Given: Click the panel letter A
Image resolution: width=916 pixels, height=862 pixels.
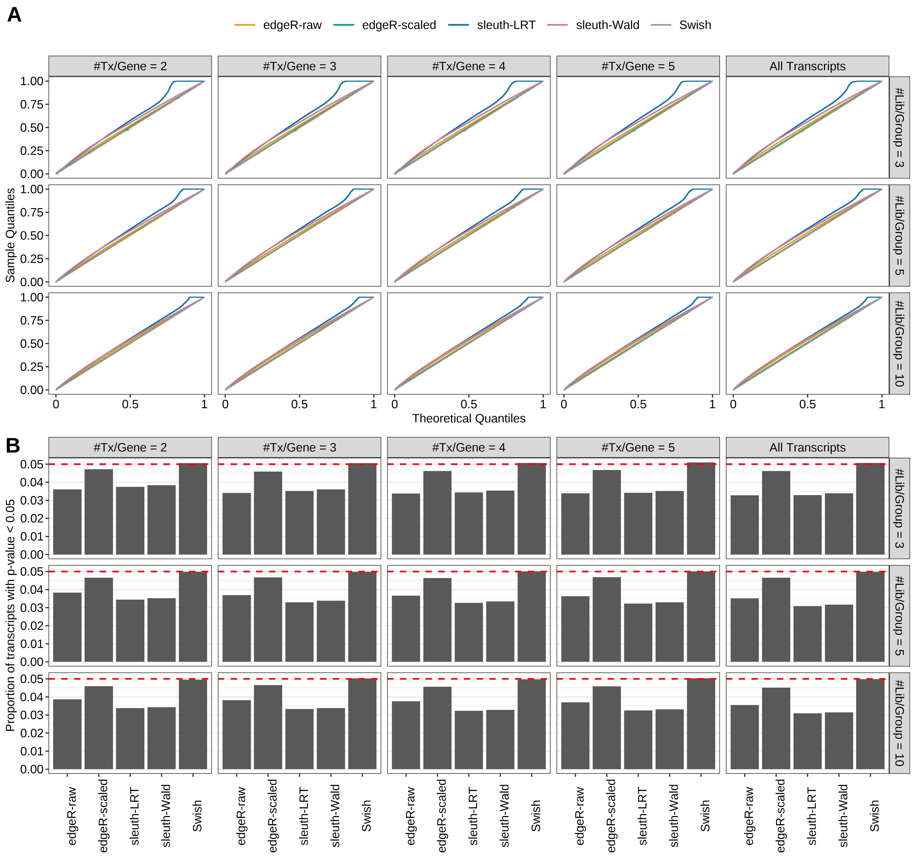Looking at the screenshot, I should click(14, 15).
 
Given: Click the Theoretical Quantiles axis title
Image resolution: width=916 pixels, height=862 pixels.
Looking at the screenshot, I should click(469, 418).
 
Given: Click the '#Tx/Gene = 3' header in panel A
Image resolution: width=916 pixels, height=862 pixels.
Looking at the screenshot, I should click(300, 66).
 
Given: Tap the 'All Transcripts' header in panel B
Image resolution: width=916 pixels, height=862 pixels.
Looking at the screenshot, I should click(807, 447).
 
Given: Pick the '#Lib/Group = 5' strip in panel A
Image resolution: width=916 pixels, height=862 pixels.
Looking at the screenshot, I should click(899, 235).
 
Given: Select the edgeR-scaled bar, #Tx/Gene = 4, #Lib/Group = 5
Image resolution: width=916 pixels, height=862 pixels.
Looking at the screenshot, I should click(437, 620).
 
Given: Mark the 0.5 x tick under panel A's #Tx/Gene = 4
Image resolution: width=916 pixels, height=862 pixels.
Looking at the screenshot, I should click(469, 404).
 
